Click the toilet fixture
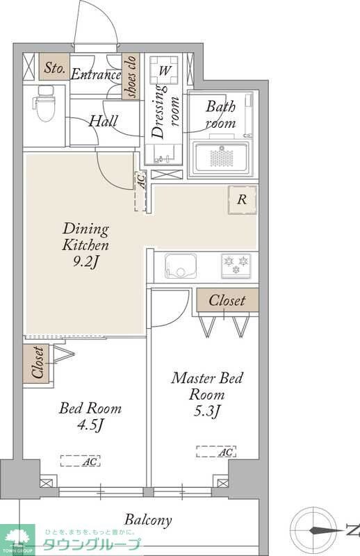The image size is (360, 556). coord(45,104)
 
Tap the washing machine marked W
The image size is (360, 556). coord(163,70)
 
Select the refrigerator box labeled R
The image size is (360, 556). coord(243,199)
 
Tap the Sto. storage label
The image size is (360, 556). coord(54,67)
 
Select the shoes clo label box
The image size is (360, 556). coord(129,76)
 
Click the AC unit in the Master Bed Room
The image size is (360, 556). coord(216,451)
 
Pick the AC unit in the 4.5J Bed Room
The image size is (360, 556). coord(80,461)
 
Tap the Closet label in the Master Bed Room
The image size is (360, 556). coord(227,300)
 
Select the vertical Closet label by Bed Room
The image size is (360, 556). coord(38,363)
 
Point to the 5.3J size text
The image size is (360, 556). coord(207,411)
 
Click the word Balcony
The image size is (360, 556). coord(148,520)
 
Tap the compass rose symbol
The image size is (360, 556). coord(315,530)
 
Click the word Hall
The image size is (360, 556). coord(104,121)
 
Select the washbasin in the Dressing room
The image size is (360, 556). coord(164,154)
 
